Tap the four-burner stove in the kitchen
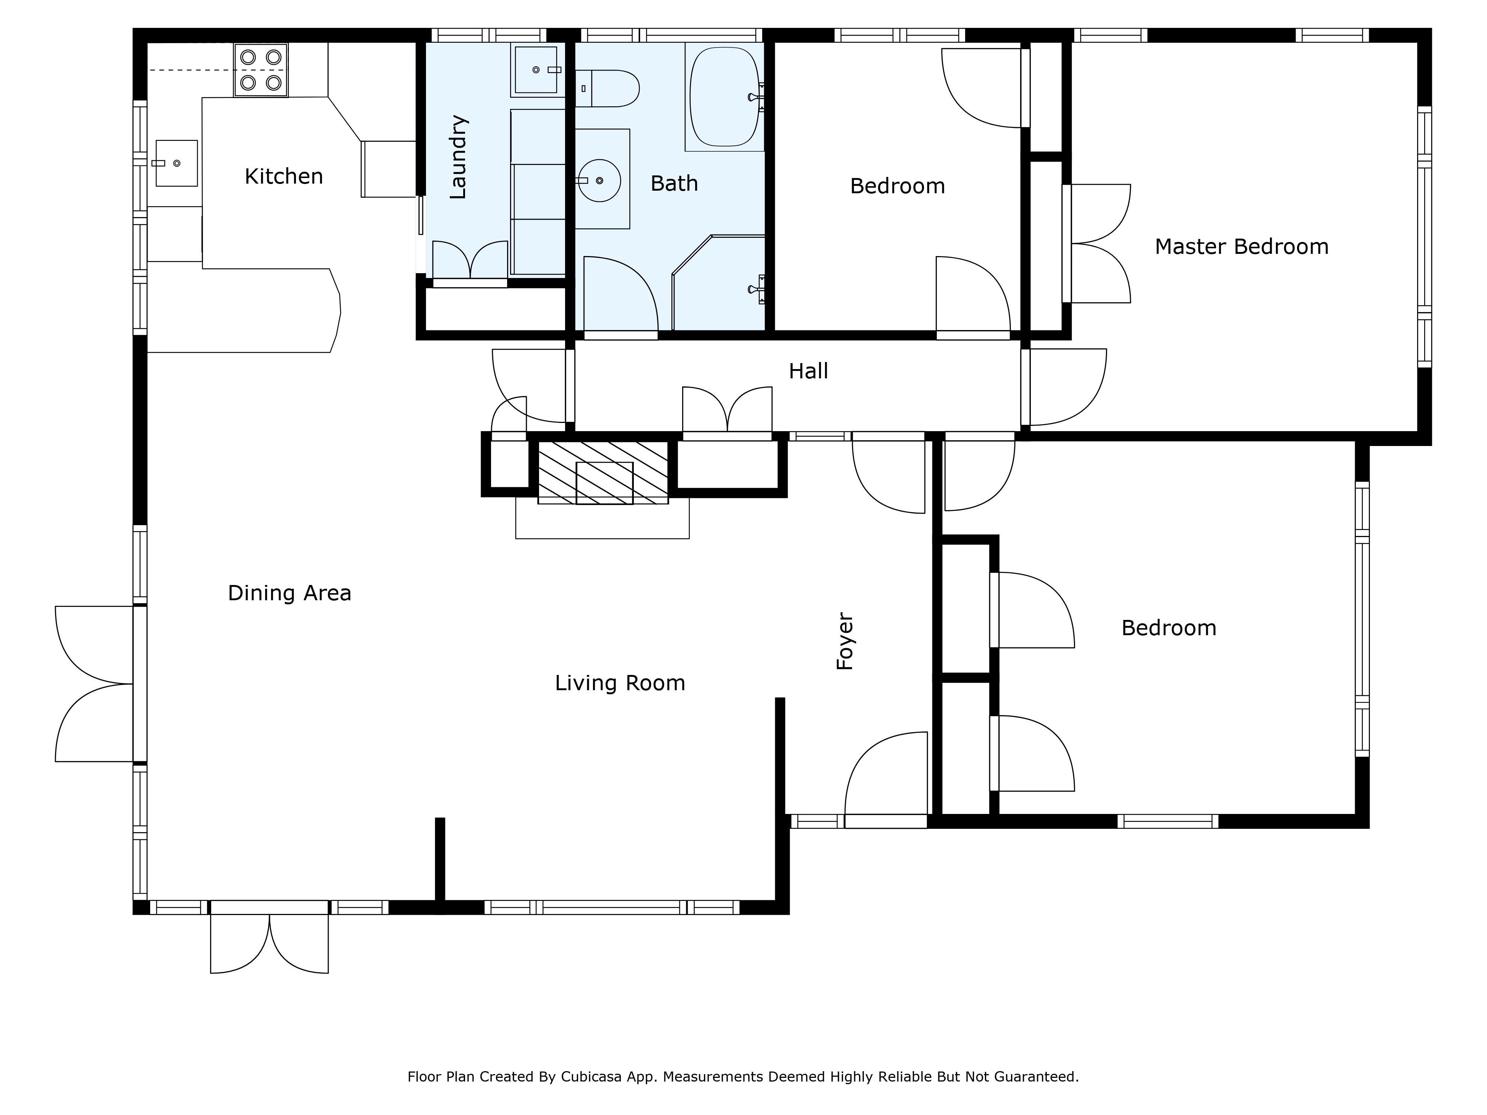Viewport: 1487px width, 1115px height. coord(261,70)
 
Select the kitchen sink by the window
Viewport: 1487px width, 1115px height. coord(176,163)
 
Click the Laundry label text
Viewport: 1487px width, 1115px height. coord(458,157)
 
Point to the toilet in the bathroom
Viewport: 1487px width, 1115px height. coord(607,88)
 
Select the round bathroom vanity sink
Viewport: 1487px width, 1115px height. coord(599,180)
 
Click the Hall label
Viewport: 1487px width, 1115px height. coord(808,371)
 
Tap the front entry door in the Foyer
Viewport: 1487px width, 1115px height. coord(886,780)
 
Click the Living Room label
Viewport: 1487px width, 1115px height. coord(620,683)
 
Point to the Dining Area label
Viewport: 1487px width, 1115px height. coord(289,593)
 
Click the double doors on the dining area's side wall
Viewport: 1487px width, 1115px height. coord(94,683)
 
